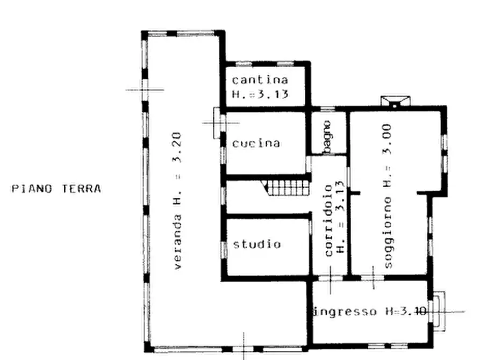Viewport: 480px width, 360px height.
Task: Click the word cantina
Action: [260, 80]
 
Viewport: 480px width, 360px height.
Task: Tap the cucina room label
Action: [256, 143]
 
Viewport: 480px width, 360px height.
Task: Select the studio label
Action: [257, 244]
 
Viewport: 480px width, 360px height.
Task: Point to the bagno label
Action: [327, 137]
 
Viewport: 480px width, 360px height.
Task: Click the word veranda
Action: [177, 242]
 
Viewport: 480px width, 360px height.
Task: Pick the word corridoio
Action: [328, 220]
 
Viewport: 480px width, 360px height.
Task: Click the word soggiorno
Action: [388, 233]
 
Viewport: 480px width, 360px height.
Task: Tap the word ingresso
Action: [345, 311]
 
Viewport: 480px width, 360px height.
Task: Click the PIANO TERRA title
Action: [56, 189]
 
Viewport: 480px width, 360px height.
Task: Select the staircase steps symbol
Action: [286, 188]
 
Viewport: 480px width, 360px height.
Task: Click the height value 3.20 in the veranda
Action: [177, 147]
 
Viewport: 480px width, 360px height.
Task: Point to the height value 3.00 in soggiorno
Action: [388, 139]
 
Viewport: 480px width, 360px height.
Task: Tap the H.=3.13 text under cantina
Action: [260, 94]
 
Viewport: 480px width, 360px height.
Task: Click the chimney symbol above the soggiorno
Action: [395, 102]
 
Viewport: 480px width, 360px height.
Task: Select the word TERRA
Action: [82, 189]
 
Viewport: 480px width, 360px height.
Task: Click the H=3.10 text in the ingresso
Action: [406, 311]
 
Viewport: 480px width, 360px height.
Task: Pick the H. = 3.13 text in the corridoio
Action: [340, 217]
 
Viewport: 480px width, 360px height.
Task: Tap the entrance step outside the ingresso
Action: [439, 311]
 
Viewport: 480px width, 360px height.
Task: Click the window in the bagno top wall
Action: [327, 109]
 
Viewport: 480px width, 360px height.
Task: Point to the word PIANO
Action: [32, 189]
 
